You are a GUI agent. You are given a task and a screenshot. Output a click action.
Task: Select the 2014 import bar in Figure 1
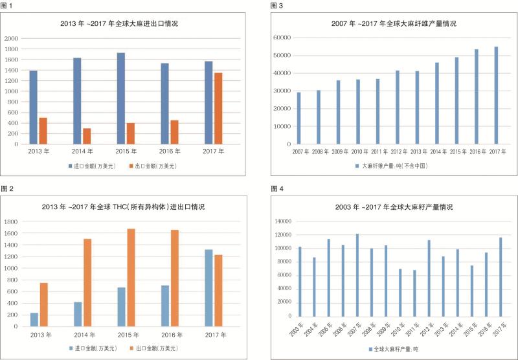pos(77,101)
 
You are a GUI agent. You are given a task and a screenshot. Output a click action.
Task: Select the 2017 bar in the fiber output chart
pos(496,95)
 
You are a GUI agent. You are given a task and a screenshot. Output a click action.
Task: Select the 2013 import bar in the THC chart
pos(34,319)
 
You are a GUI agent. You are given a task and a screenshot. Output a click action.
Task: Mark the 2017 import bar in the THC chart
pos(208,287)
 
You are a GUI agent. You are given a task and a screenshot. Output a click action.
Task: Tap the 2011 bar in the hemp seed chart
pos(414,293)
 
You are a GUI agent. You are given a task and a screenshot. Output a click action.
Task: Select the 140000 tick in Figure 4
pos(281,221)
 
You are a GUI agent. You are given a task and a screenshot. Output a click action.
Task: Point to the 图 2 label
pos(8,188)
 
